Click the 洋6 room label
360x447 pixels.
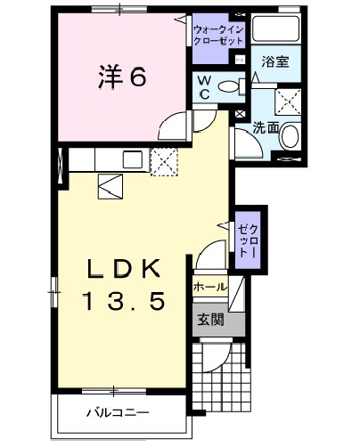(122, 77)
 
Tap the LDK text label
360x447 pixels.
(125, 268)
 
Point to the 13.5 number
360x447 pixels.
(125, 301)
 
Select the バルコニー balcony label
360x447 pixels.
(118, 412)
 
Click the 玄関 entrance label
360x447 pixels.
(211, 320)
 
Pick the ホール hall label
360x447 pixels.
(210, 287)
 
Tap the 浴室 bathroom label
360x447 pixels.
(275, 61)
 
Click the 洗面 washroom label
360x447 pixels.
(266, 128)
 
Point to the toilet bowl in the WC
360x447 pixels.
(229, 86)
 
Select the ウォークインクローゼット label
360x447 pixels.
(218, 35)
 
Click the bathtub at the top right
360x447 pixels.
(275, 28)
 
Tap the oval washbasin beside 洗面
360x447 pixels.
(290, 136)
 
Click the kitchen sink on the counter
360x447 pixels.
(133, 159)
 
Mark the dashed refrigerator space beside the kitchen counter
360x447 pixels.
(164, 162)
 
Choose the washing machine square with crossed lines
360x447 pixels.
(288, 102)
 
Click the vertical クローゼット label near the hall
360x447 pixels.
(248, 240)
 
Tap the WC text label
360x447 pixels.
(204, 86)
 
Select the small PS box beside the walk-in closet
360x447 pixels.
(239, 60)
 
